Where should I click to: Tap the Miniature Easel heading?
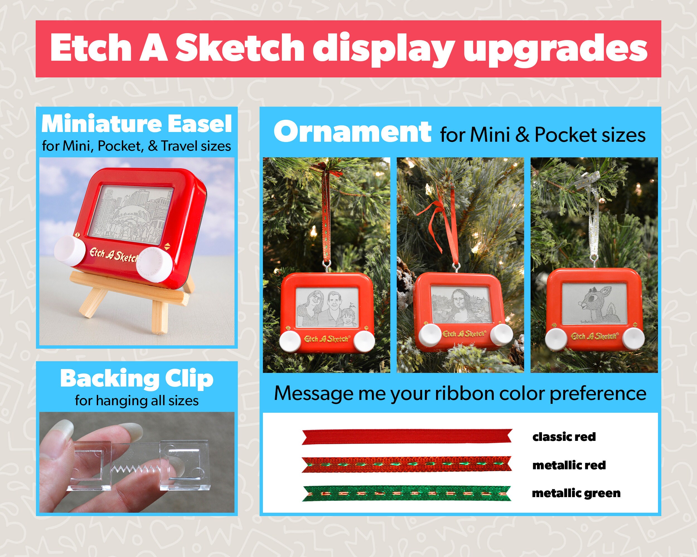(x=137, y=124)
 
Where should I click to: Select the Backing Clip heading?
(x=137, y=379)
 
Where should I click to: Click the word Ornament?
(x=352, y=131)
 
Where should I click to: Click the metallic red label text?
(x=569, y=465)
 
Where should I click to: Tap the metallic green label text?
(x=576, y=494)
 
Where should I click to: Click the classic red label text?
(x=564, y=437)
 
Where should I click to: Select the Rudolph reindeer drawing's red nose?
(x=581, y=304)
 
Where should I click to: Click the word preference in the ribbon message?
(x=598, y=393)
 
